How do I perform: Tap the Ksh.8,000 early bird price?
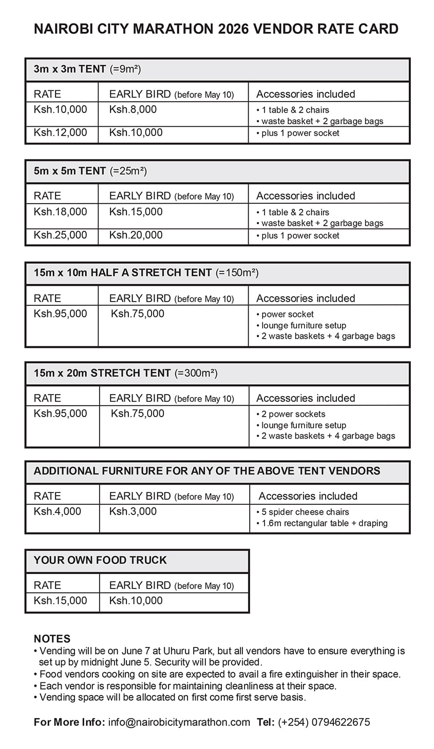point(133,109)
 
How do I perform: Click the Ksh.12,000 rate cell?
point(60,132)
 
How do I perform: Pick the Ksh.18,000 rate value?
point(60,211)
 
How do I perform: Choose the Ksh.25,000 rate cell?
point(60,235)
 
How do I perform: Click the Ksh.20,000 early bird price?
point(136,235)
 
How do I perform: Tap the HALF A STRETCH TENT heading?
point(151,273)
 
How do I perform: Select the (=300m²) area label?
point(196,373)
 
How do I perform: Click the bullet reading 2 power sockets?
point(293,414)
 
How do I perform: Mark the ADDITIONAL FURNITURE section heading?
point(207,471)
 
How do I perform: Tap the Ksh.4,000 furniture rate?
point(57,511)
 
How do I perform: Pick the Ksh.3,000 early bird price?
point(133,511)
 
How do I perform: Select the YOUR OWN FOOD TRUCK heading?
point(100,560)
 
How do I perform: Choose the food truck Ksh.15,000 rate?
point(60,600)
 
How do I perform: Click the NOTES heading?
point(52,639)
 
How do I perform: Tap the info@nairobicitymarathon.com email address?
point(179,722)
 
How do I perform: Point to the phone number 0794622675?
point(338,722)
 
